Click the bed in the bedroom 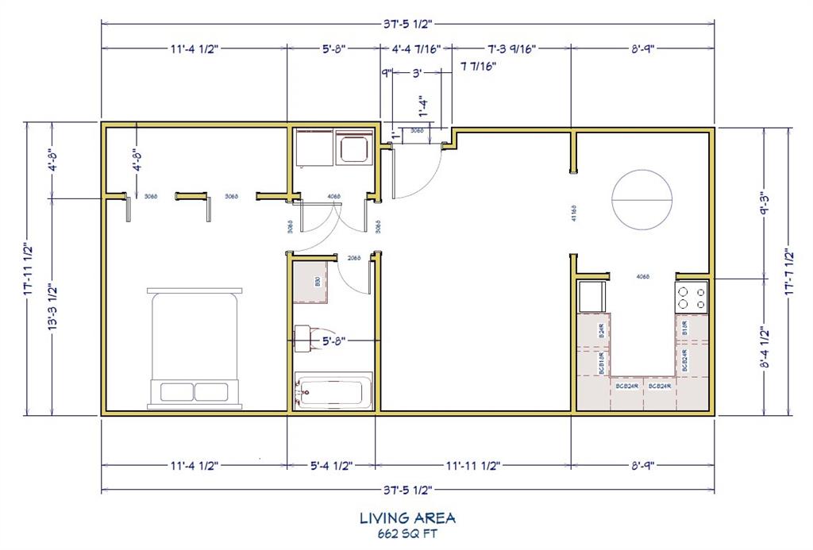click(195, 349)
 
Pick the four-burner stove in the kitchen click(691, 298)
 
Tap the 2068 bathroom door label click(355, 258)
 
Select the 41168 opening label click(573, 216)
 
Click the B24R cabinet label click(603, 332)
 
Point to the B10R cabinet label click(684, 326)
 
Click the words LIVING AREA click(407, 518)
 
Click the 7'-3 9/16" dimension click(512, 48)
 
